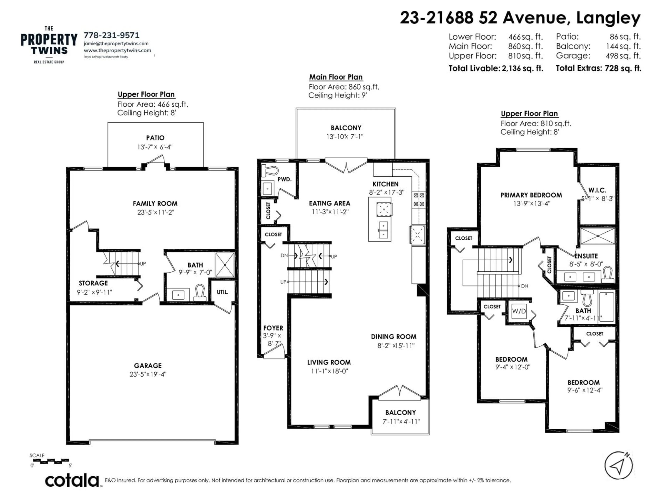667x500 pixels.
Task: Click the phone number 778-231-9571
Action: [112, 35]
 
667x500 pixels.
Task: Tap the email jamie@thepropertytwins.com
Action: [116, 43]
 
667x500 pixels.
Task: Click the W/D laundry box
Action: [519, 311]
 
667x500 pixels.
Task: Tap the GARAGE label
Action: [148, 366]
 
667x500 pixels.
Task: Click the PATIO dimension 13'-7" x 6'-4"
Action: [155, 147]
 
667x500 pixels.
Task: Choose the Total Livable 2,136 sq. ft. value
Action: [522, 68]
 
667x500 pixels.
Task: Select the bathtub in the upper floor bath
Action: [606, 307]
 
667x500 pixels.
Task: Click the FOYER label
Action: [273, 328]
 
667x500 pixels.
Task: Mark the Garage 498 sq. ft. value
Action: [623, 56]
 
